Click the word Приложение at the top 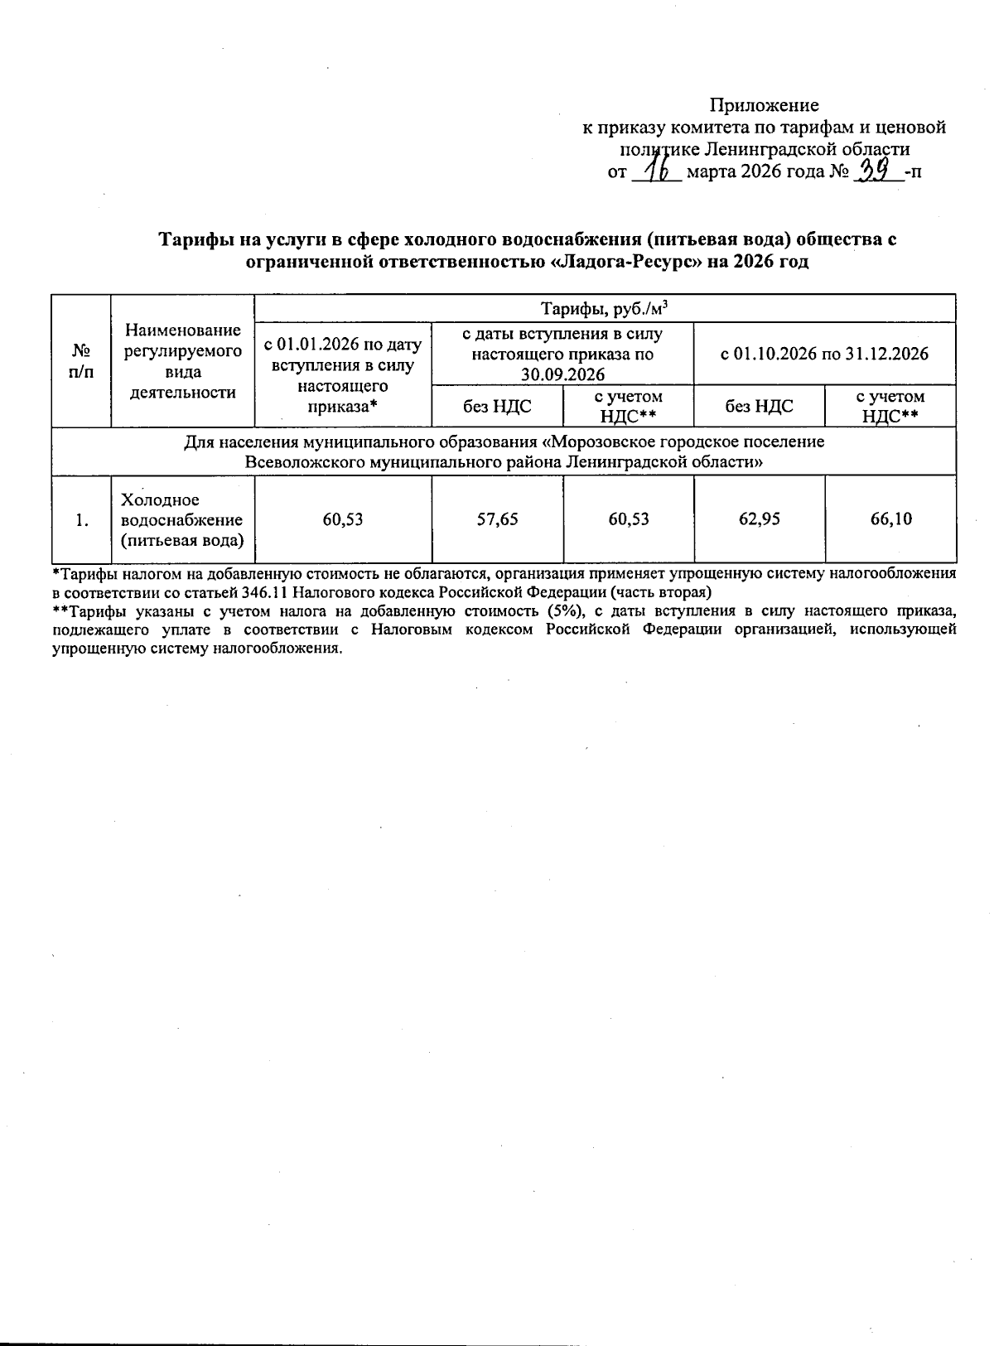pyautogui.click(x=764, y=105)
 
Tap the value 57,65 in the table pyautogui.click(x=497, y=519)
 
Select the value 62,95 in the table pyautogui.click(x=759, y=519)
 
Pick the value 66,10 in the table pyautogui.click(x=890, y=519)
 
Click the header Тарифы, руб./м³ pyautogui.click(x=605, y=309)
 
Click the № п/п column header pyautogui.click(x=81, y=361)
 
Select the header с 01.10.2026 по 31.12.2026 pyautogui.click(x=824, y=354)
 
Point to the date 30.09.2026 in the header pyautogui.click(x=562, y=374)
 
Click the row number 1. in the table pyautogui.click(x=81, y=520)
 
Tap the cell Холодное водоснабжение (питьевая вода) pyautogui.click(x=182, y=520)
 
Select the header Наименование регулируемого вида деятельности pyautogui.click(x=182, y=361)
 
